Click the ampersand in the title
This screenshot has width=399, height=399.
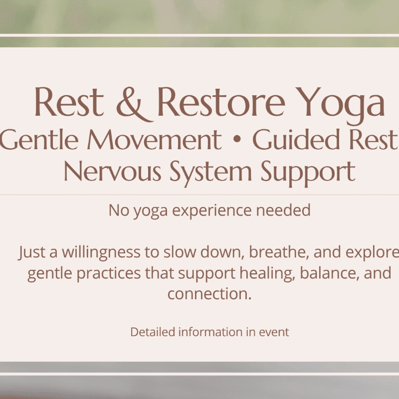[x=135, y=104]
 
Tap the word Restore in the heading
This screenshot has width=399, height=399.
[x=221, y=102]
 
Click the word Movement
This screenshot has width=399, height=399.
[x=155, y=140]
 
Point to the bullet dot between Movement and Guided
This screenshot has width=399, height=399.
[x=237, y=139]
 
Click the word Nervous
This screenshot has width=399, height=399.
[x=112, y=171]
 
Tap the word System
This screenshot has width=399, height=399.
[x=210, y=173]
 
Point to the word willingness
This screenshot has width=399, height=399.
[x=101, y=252]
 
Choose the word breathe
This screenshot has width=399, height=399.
[x=279, y=252]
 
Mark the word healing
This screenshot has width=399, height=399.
[x=267, y=273]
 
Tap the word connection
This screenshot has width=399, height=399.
[x=209, y=294]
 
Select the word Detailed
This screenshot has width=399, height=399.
[x=153, y=332]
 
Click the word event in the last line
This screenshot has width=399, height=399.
[x=274, y=332]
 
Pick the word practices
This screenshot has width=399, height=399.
[x=109, y=274]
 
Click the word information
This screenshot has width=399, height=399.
[x=210, y=332]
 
